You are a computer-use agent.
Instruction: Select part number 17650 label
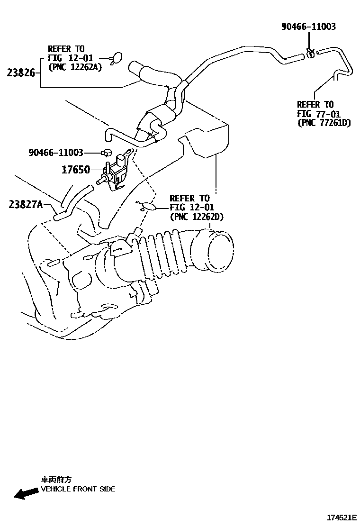click(75, 169)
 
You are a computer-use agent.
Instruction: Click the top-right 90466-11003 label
click(308, 27)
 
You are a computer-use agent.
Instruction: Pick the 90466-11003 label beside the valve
click(56, 153)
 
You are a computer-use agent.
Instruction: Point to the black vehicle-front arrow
click(27, 493)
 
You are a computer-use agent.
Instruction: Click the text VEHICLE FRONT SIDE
click(78, 489)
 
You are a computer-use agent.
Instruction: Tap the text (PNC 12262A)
click(75, 67)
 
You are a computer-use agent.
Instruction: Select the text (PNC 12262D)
click(197, 217)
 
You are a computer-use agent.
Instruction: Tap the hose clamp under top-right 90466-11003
click(310, 53)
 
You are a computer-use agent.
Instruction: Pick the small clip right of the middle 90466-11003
click(107, 153)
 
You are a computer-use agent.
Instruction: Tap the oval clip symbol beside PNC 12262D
click(148, 206)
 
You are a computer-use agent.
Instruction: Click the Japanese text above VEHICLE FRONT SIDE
click(56, 480)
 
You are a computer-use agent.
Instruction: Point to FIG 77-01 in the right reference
click(315, 114)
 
